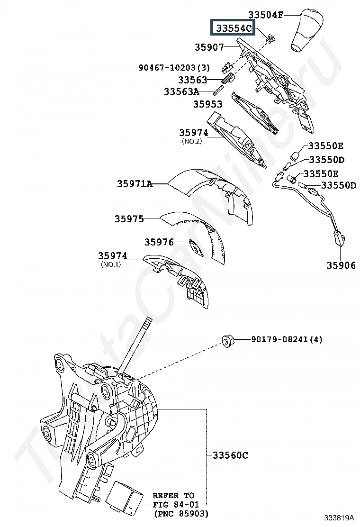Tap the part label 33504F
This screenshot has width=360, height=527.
point(266,15)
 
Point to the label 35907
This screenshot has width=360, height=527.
point(209,47)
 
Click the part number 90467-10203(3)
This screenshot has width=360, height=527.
point(174,68)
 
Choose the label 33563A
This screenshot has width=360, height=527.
point(181,91)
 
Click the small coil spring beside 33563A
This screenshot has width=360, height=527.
point(219,90)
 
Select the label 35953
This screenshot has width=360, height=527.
point(207,104)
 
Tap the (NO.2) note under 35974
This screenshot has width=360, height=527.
point(192,141)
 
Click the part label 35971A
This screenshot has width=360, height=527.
point(135,184)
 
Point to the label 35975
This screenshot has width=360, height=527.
point(129,219)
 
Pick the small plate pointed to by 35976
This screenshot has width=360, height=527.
point(196,248)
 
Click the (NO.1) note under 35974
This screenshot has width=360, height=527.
point(111,264)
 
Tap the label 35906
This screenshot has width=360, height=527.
point(341,265)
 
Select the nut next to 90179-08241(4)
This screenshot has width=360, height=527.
point(227,340)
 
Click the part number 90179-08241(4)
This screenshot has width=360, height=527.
point(287,339)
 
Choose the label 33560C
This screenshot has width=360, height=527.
point(230,455)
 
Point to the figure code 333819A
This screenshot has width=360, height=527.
point(339,517)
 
